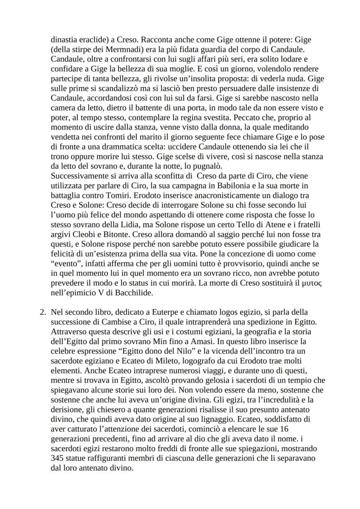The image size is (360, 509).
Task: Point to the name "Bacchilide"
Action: coord(124,293)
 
